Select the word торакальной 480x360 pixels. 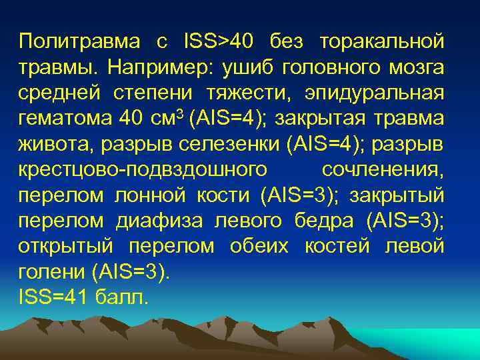pos(382,41)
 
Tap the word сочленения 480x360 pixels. pos(383,169)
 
